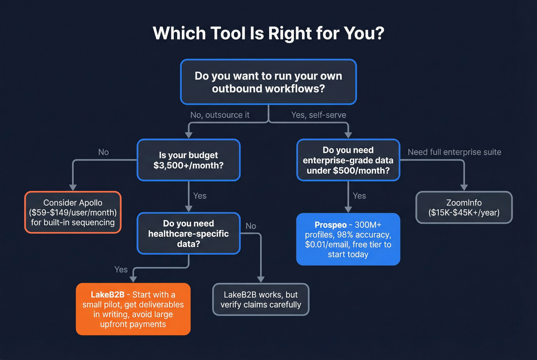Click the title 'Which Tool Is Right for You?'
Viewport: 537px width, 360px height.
coord(268,33)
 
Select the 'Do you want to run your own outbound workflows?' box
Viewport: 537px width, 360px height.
coord(268,82)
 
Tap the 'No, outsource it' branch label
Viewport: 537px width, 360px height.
coord(220,115)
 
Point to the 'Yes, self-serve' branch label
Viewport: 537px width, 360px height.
coord(318,115)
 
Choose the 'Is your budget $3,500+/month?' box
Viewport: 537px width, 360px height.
coord(188,160)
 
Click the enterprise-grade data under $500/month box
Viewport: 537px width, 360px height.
coord(348,160)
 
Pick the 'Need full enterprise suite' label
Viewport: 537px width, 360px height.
coord(454,152)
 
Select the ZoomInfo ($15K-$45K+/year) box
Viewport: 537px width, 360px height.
coord(464,207)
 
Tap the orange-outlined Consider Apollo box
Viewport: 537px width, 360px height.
coord(73,212)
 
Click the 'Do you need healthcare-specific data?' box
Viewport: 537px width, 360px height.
coord(188,233)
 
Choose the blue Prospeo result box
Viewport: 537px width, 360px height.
coord(348,239)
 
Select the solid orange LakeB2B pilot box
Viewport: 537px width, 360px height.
coord(133,309)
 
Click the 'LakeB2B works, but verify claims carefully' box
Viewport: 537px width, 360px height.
coord(260,299)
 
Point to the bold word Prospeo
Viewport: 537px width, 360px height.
coord(330,225)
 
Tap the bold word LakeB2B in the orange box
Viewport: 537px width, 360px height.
coord(107,295)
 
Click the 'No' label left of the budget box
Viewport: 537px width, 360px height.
coord(103,152)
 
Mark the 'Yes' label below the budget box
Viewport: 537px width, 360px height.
coord(199,196)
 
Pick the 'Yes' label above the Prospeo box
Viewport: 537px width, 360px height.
coord(359,196)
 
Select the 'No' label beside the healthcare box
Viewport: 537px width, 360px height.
coord(250,226)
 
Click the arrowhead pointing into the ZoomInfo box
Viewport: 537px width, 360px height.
coord(464,187)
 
